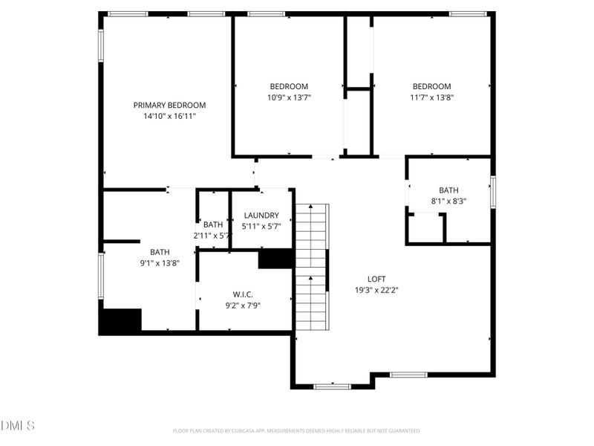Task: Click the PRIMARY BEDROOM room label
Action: (169, 106)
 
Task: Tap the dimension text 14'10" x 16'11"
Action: (169, 117)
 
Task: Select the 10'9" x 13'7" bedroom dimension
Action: (288, 97)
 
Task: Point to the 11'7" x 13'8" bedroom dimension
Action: (431, 97)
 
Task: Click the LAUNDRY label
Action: (260, 216)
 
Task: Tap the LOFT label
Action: (376, 279)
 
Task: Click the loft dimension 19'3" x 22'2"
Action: (376, 291)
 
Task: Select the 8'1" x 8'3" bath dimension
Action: (448, 201)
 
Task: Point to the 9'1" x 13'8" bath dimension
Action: (160, 262)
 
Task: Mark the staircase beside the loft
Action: (311, 268)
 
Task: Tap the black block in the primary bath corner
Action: (120, 321)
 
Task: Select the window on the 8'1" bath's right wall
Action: (492, 192)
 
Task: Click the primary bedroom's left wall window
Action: (101, 45)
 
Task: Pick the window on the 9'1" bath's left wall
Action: (101, 275)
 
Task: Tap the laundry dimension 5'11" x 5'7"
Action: (260, 226)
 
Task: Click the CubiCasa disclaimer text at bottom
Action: (297, 430)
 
